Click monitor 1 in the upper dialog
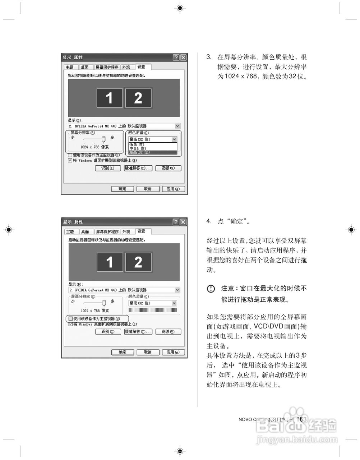109,98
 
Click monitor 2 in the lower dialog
138,262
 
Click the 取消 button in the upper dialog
148,189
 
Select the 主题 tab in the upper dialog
70,67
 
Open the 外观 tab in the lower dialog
126,232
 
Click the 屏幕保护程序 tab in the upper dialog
107,67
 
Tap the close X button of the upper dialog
183,57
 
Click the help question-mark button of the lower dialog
176,222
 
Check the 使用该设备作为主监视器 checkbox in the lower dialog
71,319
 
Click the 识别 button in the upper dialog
107,168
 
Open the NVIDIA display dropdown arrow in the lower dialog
177,290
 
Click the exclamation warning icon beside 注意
211,289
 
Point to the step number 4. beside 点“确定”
209,221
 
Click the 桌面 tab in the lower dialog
85,232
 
